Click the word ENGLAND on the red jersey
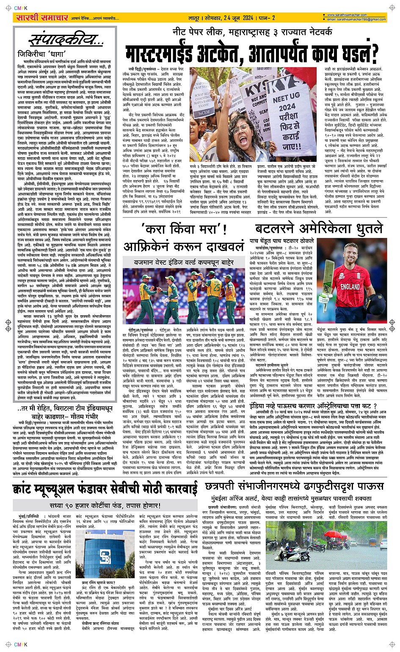pos(351,287)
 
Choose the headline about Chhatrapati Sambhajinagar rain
pos(296,487)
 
